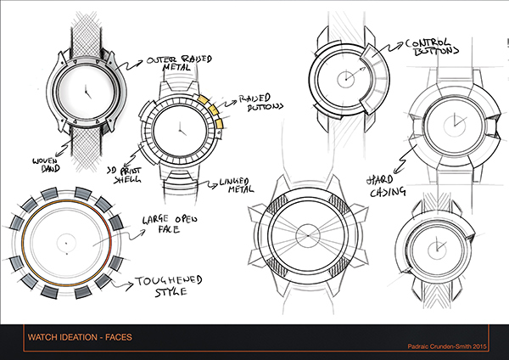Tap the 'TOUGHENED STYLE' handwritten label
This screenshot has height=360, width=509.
click(170, 290)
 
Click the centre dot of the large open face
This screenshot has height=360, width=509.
click(64, 245)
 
